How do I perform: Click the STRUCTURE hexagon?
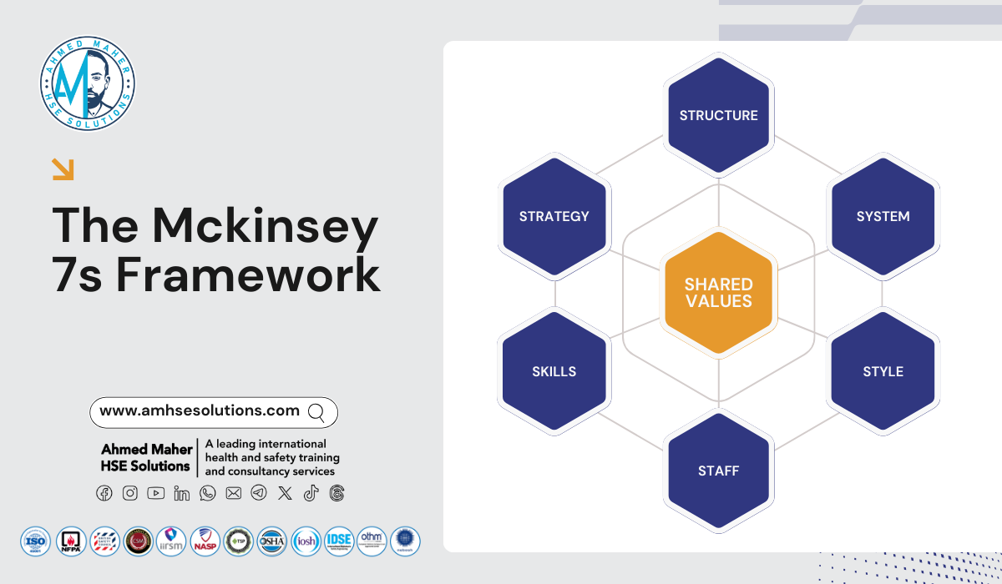(x=718, y=115)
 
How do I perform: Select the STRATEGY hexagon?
(x=554, y=216)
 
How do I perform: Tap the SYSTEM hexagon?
(x=883, y=216)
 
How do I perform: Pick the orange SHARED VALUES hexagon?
(x=718, y=292)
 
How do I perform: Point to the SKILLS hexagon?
(x=554, y=371)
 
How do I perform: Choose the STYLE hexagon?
(x=883, y=371)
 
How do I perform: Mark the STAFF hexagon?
(x=718, y=471)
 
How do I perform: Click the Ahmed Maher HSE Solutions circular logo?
(x=88, y=83)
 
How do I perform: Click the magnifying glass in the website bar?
(x=316, y=411)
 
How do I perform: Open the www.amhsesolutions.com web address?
(x=199, y=410)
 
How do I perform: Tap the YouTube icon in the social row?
(x=155, y=493)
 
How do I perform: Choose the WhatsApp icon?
(x=207, y=493)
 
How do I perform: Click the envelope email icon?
(x=233, y=493)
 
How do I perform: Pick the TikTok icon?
(x=311, y=493)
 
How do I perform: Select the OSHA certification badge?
(x=271, y=541)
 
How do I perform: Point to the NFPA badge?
(x=70, y=541)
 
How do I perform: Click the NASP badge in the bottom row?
(x=205, y=541)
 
